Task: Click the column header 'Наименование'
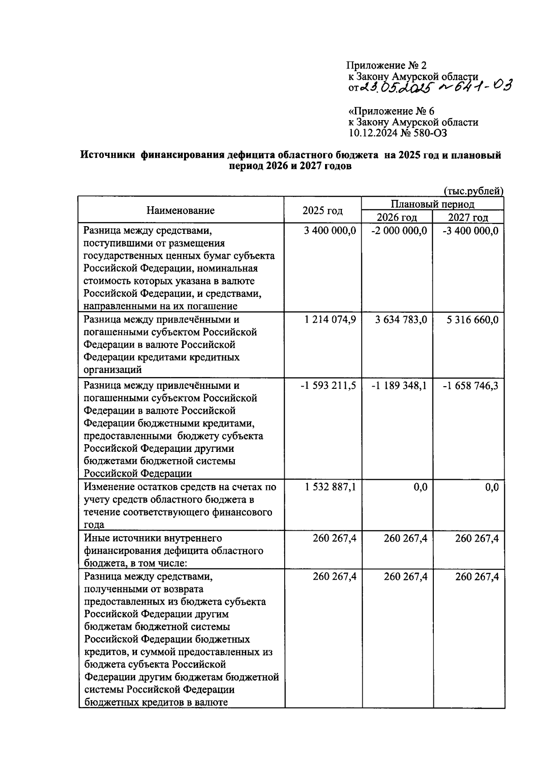click(x=180, y=210)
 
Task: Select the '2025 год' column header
click(x=322, y=211)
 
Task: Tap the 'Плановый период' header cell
click(x=432, y=204)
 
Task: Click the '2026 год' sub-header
click(x=397, y=217)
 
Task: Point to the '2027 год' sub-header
click(x=468, y=217)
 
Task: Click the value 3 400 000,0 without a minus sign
click(x=330, y=231)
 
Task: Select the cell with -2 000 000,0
click(x=399, y=231)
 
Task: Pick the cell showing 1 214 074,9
click(x=330, y=320)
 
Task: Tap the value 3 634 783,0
click(x=401, y=320)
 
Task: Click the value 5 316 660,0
click(x=472, y=320)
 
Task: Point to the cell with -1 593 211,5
click(x=328, y=386)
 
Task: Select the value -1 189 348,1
click(x=399, y=386)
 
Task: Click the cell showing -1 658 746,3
click(x=470, y=386)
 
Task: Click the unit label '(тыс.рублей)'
click(x=473, y=191)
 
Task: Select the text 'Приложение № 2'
click(x=386, y=66)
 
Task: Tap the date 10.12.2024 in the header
click(x=371, y=133)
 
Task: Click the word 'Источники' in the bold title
click(x=107, y=155)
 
